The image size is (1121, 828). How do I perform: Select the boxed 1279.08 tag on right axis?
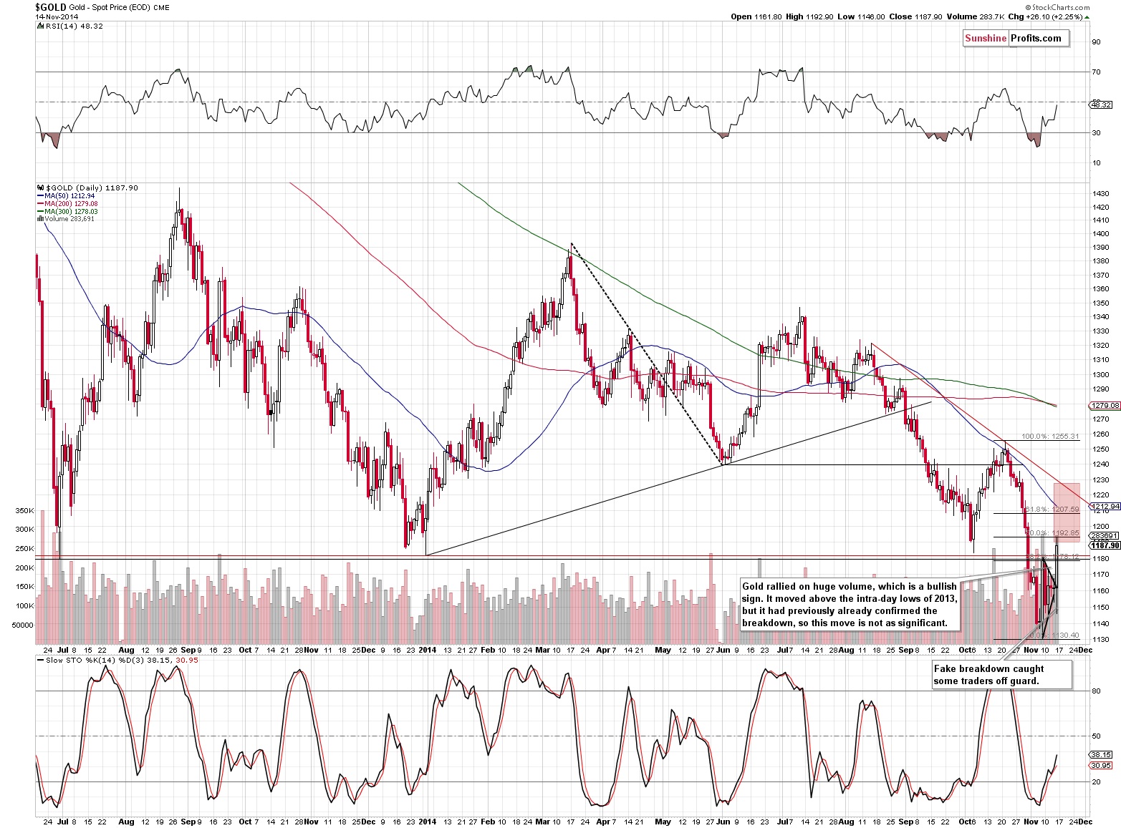point(1104,406)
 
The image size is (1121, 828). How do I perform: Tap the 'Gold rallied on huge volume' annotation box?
point(849,605)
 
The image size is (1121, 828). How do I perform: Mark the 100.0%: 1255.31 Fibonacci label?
point(1049,436)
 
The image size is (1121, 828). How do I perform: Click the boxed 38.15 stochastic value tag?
point(1100,754)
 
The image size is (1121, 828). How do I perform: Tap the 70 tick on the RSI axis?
point(1095,72)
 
